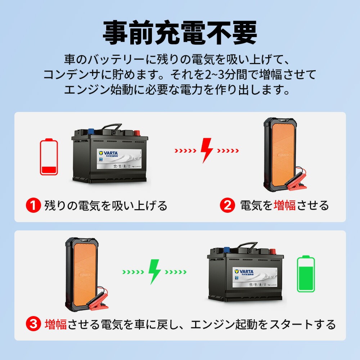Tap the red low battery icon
pyautogui.click(x=49, y=157)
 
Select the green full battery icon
pyautogui.click(x=306, y=274)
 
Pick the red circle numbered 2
pyautogui.click(x=227, y=206)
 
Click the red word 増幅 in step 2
pyautogui.click(x=284, y=206)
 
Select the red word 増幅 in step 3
pyautogui.click(x=56, y=324)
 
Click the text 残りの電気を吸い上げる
pyautogui.click(x=106, y=206)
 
